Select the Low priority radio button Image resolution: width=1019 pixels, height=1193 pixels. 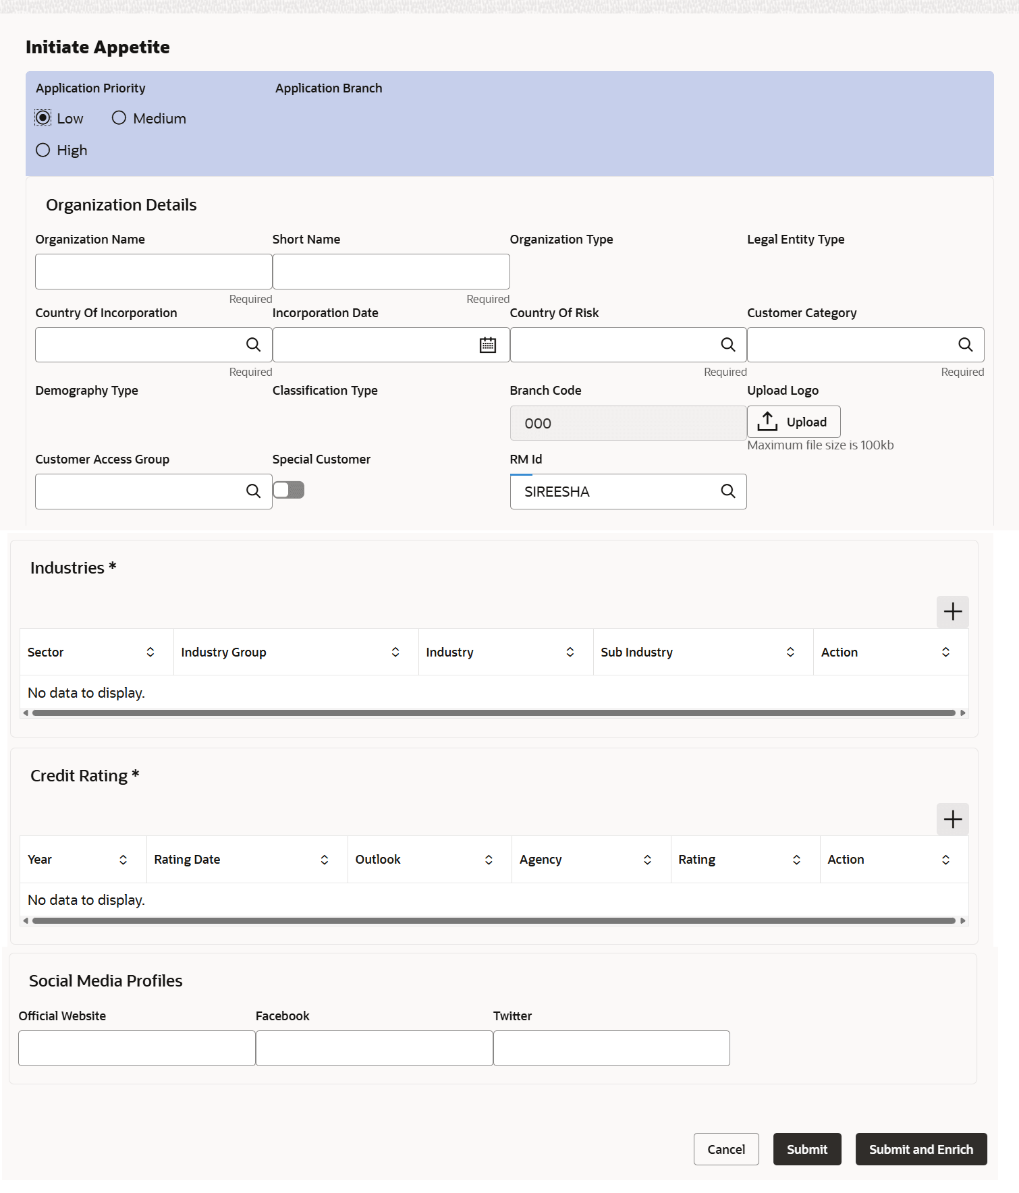[x=43, y=118]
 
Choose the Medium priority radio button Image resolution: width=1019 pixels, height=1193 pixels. [x=119, y=118]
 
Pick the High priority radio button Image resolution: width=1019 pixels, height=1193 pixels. [x=43, y=150]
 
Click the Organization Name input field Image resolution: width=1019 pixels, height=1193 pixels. [x=153, y=271]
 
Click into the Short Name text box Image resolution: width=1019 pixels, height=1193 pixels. [x=391, y=271]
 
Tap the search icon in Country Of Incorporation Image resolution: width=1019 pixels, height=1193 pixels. [x=253, y=345]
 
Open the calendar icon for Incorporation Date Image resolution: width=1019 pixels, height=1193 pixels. [x=487, y=345]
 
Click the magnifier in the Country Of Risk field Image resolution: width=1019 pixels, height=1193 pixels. [x=727, y=345]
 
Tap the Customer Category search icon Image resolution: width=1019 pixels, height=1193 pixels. [x=965, y=345]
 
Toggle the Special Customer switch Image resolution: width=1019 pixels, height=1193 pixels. [x=289, y=491]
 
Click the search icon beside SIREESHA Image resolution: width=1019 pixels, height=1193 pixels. [x=727, y=491]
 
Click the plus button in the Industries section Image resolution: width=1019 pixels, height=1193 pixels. [x=952, y=612]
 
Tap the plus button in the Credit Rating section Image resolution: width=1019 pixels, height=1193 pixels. [x=952, y=819]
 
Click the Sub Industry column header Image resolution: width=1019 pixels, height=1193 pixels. [x=636, y=653]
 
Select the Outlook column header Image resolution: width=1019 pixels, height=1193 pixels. [x=378, y=860]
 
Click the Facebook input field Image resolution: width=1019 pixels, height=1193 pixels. [x=374, y=1048]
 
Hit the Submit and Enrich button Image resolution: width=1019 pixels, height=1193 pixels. [x=920, y=1149]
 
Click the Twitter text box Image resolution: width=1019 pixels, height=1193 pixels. [x=611, y=1048]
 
